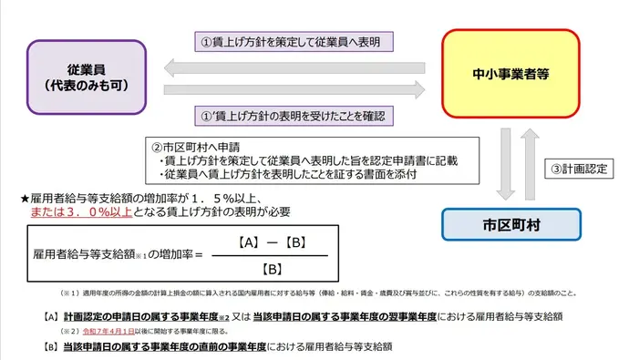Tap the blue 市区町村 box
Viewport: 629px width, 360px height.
point(511,224)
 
